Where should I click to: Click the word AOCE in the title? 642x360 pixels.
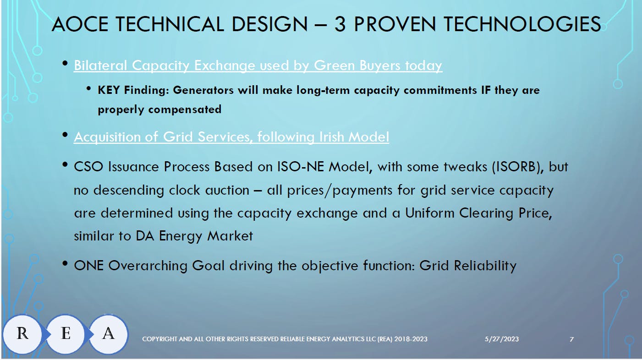pos(80,24)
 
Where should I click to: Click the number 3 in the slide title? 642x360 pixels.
pos(340,24)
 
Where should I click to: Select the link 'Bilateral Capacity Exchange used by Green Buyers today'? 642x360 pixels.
pos(258,65)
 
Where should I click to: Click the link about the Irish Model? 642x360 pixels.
pos(231,137)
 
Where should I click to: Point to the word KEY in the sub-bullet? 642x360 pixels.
pos(109,90)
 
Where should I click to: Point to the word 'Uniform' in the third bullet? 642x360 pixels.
pos(430,213)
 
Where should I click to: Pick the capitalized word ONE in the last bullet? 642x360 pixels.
pos(88,266)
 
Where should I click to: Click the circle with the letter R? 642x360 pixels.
pos(22,333)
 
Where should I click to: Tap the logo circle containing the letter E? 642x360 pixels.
pos(66,333)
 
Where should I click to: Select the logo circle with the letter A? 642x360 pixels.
pos(108,333)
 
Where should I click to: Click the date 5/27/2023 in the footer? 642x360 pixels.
pos(502,339)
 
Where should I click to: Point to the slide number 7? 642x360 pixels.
pos(571,339)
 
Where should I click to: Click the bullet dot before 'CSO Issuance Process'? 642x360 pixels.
pos(65,165)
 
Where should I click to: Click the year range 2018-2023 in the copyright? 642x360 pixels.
pos(411,339)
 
